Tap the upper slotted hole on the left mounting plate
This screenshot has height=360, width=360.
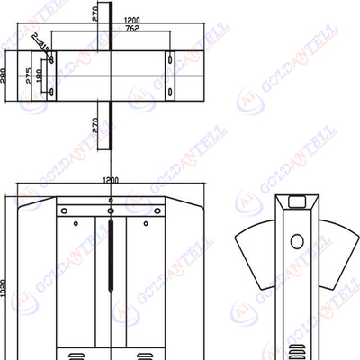coord(51,59)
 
